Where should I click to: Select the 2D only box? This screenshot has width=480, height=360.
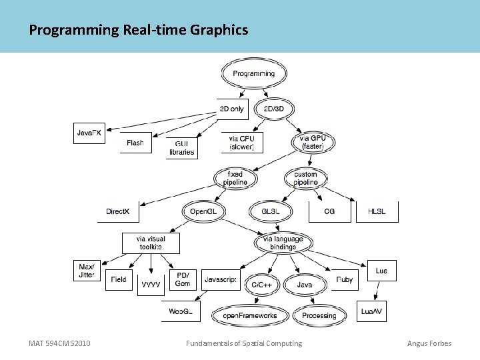pos(232,109)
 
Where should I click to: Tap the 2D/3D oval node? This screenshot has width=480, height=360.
pos(275,109)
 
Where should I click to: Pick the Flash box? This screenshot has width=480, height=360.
pos(135,143)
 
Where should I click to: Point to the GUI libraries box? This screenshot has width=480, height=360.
pos(181,147)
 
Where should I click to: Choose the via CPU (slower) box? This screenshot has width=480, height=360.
pos(241,142)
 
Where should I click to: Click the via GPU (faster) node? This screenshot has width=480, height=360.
pos(313,142)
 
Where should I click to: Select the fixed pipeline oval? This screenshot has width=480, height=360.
pos(235,178)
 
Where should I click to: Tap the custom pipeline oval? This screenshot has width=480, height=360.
pos(306,178)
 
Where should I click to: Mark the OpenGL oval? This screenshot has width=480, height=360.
pos(203,212)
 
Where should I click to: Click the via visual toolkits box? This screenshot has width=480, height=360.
pos(150,243)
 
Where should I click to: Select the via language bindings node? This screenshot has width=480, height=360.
pos(283,243)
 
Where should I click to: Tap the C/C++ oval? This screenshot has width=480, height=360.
pos(262,285)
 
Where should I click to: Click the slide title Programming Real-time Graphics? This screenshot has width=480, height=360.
pos(139,30)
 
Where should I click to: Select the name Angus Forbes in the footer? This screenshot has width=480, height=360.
pos(429,343)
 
